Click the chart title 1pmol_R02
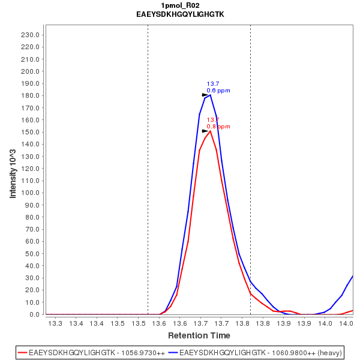180,5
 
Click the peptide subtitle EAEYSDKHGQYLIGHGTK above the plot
180,14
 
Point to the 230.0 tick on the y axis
29,35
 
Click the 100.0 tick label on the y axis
29,193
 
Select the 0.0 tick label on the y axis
34,314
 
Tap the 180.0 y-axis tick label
29,95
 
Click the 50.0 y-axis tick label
31,254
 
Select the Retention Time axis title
199,335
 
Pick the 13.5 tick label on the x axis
118,323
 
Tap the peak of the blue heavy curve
210,95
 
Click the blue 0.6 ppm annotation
218,91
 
